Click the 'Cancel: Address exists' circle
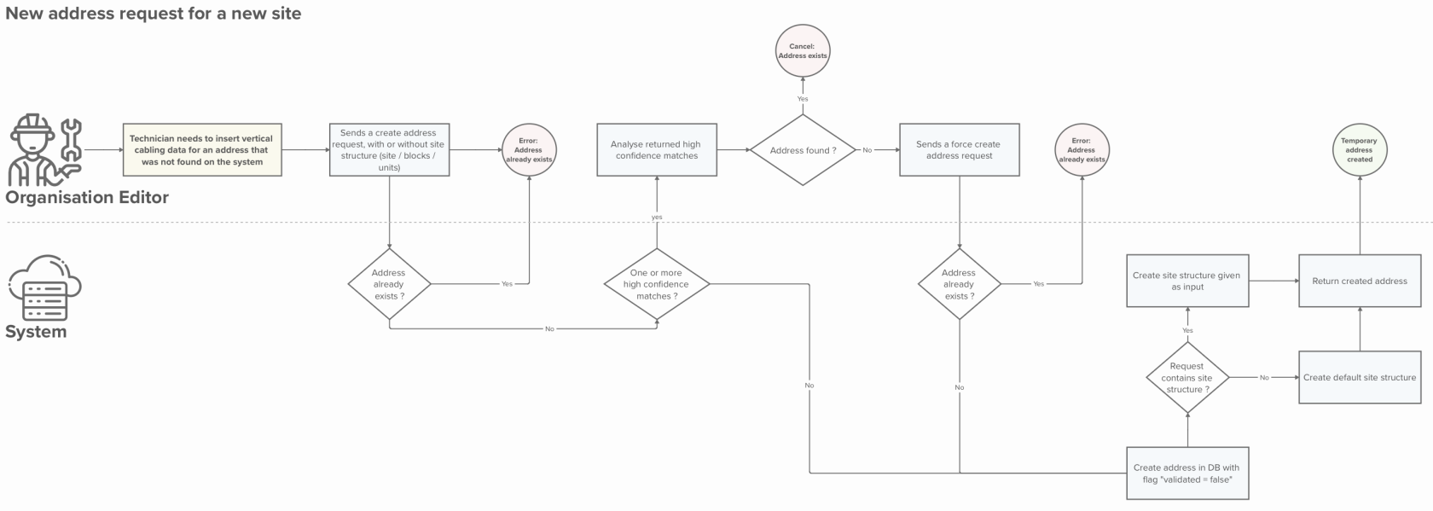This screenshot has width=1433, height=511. coord(802,51)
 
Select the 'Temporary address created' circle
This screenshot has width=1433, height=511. coord(1359,150)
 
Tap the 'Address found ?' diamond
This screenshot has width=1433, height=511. coord(803,150)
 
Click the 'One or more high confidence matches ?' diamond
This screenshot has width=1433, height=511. coord(656,284)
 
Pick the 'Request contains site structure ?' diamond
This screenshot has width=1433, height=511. coord(1187,377)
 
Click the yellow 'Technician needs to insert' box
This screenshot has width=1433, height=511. coord(201,150)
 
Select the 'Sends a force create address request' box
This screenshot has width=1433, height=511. coord(959,150)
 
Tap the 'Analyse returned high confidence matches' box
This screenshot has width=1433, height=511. coord(656,150)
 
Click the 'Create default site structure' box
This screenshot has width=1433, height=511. coord(1360,377)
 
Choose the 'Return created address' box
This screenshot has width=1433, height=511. coord(1360,281)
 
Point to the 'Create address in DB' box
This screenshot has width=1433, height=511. coord(1186,473)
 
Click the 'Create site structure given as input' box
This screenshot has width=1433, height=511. coord(1186,281)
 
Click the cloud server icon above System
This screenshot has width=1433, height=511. coord(44,287)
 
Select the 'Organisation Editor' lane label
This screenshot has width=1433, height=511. coord(87,198)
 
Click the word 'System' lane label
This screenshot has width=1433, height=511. coord(36,332)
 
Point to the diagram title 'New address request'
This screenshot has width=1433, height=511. coord(154,14)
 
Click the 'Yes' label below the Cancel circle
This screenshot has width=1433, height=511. coord(803,99)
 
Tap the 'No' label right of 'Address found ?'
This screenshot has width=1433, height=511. coord(867,150)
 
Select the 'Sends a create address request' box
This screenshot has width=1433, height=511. coord(389,150)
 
